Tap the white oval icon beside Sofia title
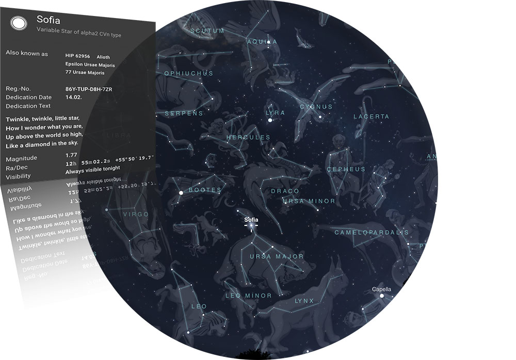coord(18,23)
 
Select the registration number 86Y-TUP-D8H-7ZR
coord(89,89)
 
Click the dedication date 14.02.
coord(74,97)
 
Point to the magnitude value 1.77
coord(72,154)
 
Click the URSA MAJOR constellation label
coord(277,256)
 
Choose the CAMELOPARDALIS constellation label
coord(371,233)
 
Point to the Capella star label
coord(382,289)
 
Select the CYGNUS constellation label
coord(316,107)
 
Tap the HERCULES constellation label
coord(248,138)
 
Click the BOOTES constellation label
coord(205,190)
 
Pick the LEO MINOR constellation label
coord(249,296)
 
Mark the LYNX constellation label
coord(304,301)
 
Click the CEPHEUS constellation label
coord(346,169)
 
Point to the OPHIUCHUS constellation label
coord(188,73)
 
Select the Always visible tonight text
coord(93,168)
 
